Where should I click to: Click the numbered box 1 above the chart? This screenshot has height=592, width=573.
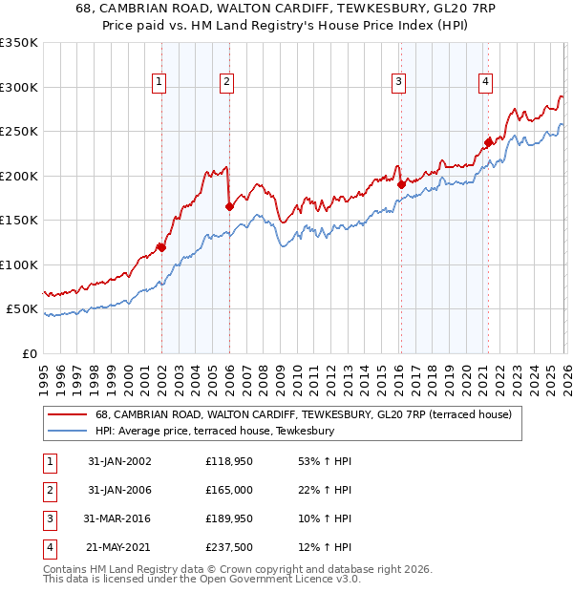pos(159,83)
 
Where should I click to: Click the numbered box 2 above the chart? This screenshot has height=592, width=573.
pos(226,83)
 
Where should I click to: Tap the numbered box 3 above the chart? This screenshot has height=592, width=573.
pos(397,83)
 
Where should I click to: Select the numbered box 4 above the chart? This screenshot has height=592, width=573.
pos(485,83)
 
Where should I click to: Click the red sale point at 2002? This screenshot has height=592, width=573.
pos(161,247)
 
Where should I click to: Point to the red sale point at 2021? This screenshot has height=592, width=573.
pos(488,142)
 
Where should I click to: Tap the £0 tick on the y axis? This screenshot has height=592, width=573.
pos(29,353)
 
